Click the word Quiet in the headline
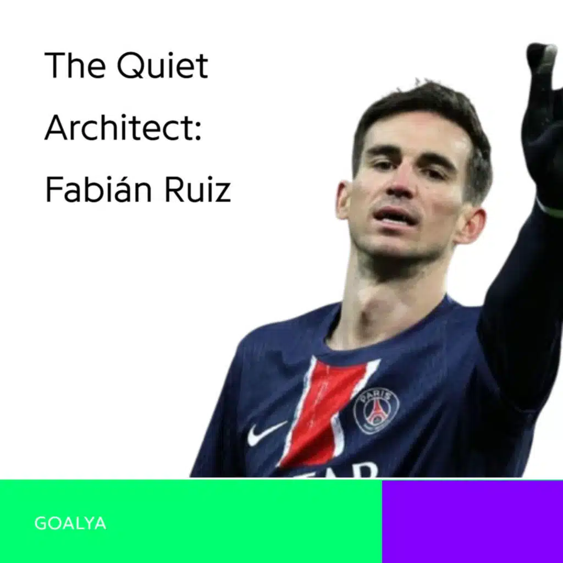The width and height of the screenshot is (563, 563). (x=163, y=66)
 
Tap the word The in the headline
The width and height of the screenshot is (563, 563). (x=75, y=65)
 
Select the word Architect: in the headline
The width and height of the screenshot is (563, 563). (x=123, y=128)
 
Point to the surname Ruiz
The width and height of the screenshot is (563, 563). (x=197, y=190)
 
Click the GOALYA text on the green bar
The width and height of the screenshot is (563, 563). (x=70, y=523)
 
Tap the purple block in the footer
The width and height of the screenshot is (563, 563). (x=472, y=521)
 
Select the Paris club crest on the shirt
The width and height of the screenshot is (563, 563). (x=376, y=411)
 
